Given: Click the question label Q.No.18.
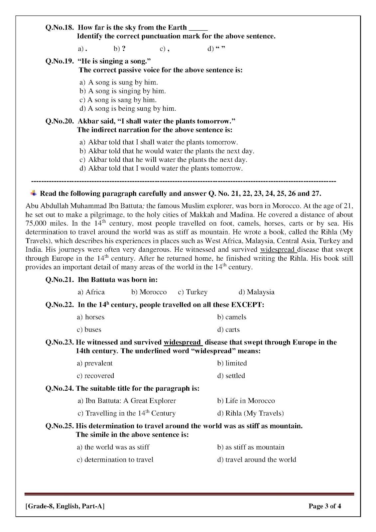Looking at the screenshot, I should coord(59,28).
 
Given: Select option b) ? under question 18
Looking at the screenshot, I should coord(120,49).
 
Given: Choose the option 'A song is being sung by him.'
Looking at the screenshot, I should coord(128,109).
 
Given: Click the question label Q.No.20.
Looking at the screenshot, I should coord(59,121).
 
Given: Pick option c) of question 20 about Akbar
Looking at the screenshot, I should coord(163,160).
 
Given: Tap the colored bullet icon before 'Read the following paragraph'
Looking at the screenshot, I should coord(34,193).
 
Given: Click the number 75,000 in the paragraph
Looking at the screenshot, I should coord(36,223).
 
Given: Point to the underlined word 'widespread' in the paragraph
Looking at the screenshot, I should coord(278,249).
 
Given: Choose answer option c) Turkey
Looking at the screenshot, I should coord(192,292).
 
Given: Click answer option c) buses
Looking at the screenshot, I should coord(89,330).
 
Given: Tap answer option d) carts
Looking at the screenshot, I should coord(228,330).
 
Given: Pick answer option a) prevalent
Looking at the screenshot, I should coord(95,363).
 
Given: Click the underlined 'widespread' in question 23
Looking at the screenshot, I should coord(183,342).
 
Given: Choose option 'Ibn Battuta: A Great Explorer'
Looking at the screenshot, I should coord(127,401).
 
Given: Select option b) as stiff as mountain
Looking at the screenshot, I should coord(251,447).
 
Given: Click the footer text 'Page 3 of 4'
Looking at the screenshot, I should coord(324,506).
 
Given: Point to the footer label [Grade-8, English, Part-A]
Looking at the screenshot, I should coord(65,506).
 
